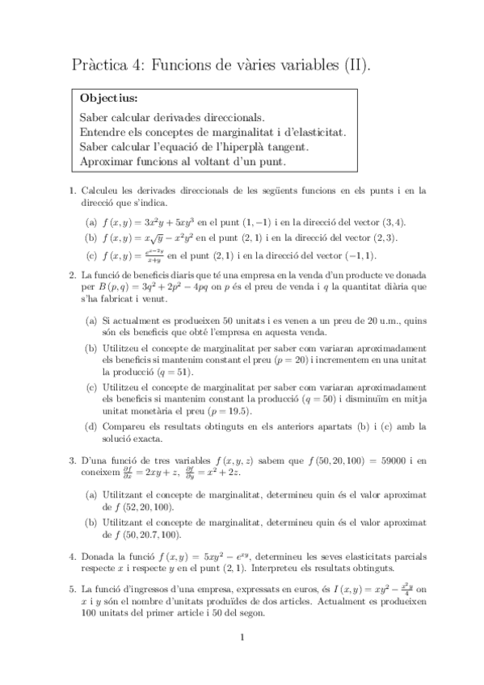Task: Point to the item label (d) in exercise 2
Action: pyautogui.click(x=92, y=426)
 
